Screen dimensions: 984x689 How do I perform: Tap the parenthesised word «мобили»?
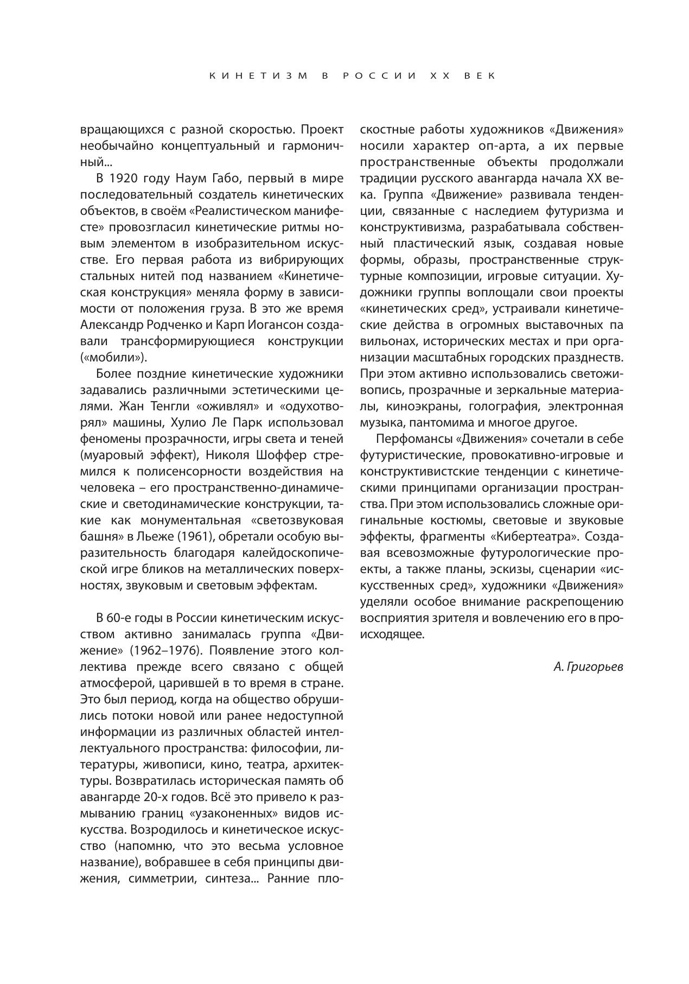113,358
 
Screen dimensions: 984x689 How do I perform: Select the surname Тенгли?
167,407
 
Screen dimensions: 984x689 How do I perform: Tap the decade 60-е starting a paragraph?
119,618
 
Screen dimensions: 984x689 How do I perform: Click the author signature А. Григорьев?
588,667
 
